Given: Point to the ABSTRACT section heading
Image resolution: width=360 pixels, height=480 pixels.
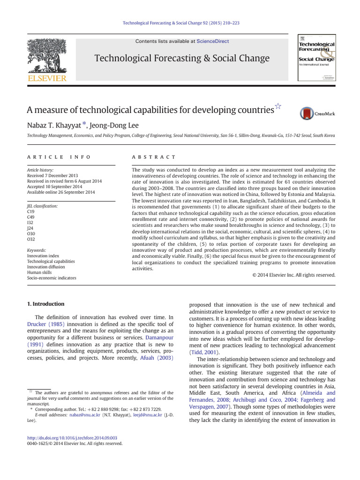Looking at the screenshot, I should click(x=154, y=157).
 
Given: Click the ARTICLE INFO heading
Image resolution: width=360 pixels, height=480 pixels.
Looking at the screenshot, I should click(x=59, y=157).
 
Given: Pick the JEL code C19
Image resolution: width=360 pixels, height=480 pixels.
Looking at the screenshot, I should click(x=31, y=212).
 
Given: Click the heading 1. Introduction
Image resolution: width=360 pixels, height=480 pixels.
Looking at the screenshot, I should click(x=45, y=304).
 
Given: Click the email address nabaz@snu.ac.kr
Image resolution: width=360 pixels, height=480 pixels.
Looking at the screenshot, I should click(x=83, y=415).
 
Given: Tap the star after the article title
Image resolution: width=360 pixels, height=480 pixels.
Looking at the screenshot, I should click(x=278, y=107).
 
